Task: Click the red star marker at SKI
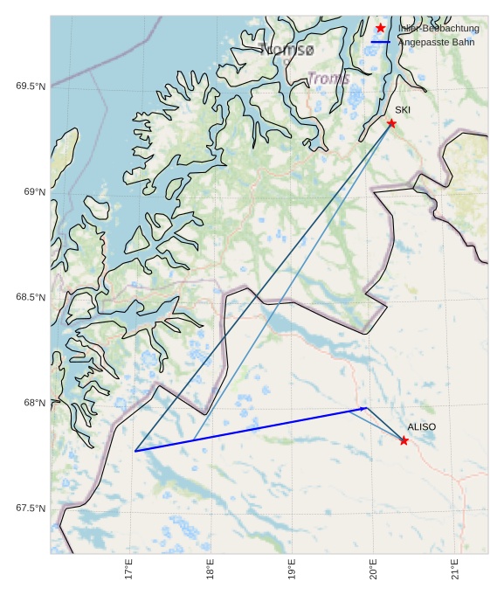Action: click(x=391, y=123)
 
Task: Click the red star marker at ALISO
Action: click(x=404, y=440)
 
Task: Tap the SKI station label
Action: click(x=403, y=110)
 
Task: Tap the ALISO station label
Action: click(x=421, y=426)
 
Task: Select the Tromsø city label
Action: click(x=286, y=51)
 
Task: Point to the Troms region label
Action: click(x=328, y=79)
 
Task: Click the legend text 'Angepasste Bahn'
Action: click(x=436, y=42)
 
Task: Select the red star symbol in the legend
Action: click(x=381, y=28)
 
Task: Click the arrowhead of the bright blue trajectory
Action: click(x=363, y=408)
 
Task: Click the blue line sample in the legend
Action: click(x=381, y=42)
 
